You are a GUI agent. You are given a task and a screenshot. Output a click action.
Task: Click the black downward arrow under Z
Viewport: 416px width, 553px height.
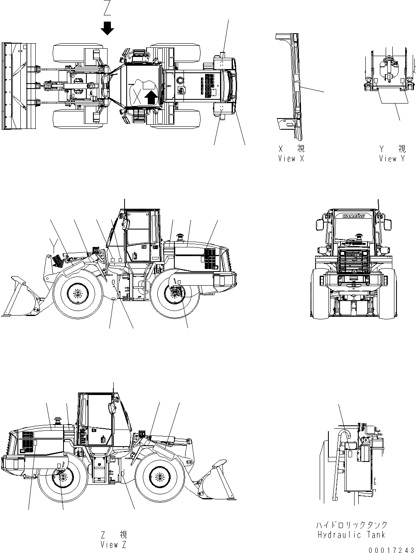pyautogui.click(x=108, y=28)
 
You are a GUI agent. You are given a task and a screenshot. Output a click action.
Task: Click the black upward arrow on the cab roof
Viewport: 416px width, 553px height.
pyautogui.click(x=152, y=98)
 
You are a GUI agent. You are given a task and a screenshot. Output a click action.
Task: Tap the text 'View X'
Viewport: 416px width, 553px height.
pyautogui.click(x=293, y=158)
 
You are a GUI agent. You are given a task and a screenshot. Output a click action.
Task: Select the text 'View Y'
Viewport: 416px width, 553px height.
pyautogui.click(x=392, y=158)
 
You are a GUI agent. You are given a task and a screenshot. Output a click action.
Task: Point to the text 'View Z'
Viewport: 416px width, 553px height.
pyautogui.click(x=113, y=544)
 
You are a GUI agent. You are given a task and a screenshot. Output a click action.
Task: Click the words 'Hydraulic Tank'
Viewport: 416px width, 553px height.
pyautogui.click(x=351, y=535)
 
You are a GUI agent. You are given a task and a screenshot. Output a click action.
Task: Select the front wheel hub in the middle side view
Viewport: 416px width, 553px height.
pyautogui.click(x=76, y=294)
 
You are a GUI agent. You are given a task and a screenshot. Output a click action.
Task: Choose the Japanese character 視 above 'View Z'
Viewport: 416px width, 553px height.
pyautogui.click(x=123, y=534)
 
